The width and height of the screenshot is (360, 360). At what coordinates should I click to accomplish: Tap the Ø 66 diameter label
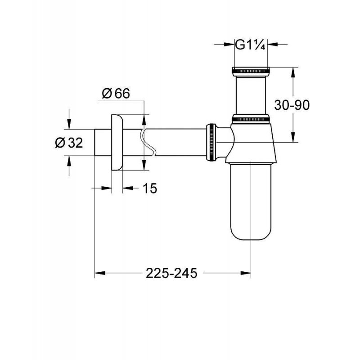(116, 94)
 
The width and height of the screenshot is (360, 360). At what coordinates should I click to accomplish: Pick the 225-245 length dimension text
(171, 273)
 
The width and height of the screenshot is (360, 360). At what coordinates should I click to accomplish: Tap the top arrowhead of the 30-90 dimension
(294, 72)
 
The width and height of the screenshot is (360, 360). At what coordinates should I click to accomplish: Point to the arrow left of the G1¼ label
(229, 45)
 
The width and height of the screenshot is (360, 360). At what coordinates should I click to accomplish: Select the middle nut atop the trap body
(251, 119)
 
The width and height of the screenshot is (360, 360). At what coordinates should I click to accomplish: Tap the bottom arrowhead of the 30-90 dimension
(294, 138)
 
